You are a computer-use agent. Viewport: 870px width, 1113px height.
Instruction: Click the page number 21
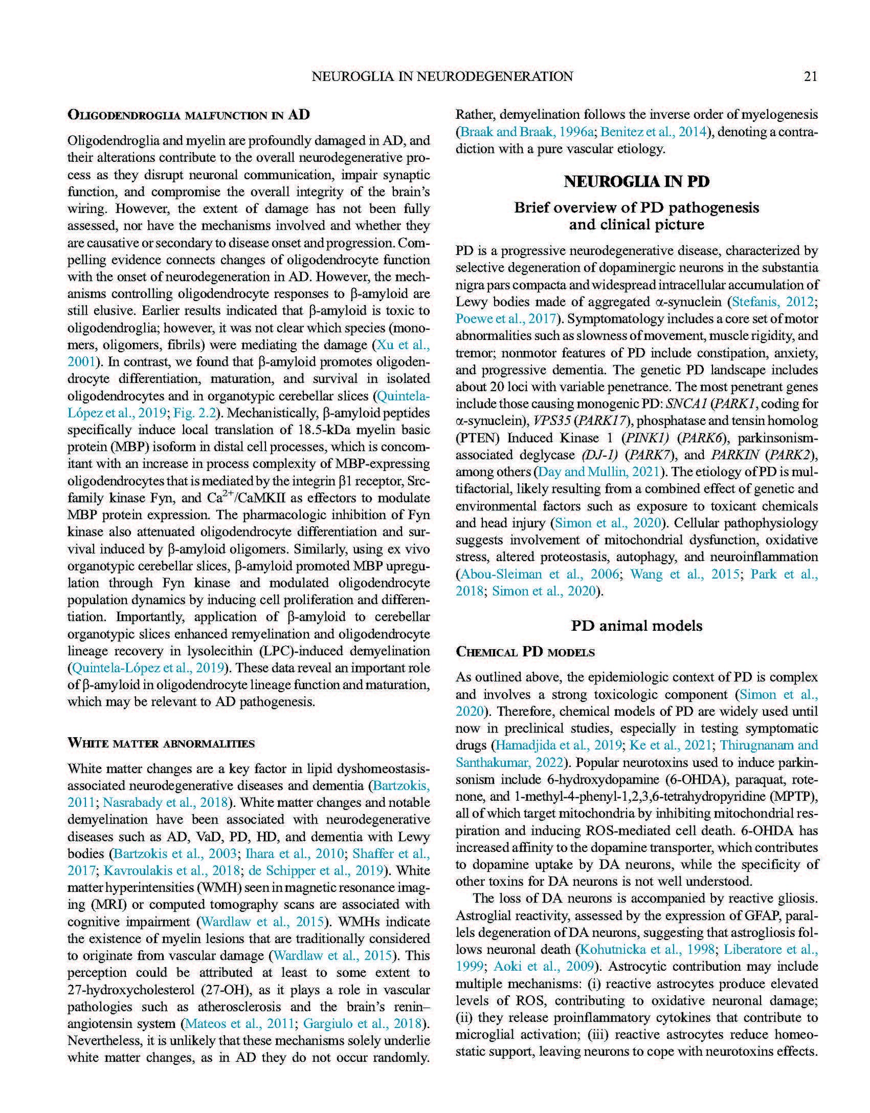click(x=811, y=76)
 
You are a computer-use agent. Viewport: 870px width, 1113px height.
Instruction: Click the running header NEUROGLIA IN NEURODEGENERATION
click(x=442, y=76)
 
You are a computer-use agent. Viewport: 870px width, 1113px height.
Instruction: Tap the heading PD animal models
click(x=636, y=626)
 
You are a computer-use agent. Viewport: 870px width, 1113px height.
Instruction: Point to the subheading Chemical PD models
click(x=525, y=652)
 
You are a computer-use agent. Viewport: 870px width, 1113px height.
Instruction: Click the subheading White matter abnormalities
click(x=161, y=743)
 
